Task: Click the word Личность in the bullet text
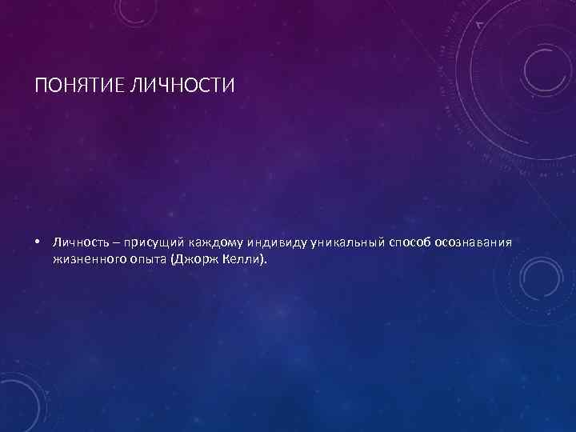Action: [x=78, y=242]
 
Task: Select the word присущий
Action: [x=147, y=242]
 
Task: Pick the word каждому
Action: [x=210, y=242]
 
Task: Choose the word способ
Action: [x=410, y=242]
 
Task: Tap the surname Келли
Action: [x=241, y=260]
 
